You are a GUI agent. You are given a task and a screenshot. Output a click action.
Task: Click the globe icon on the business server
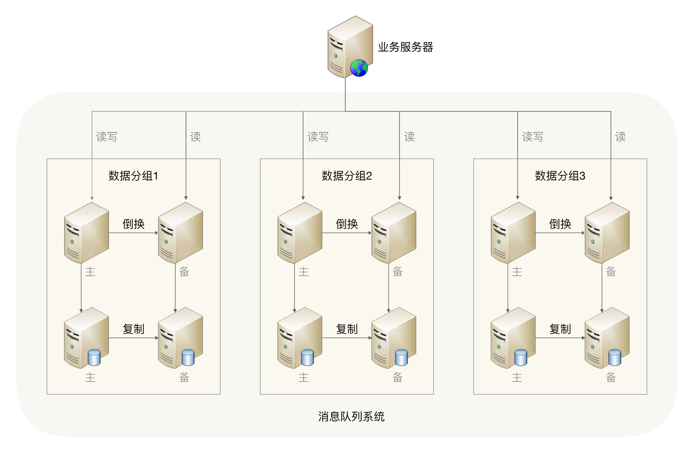point(359,68)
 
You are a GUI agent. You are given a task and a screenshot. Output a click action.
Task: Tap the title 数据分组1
point(133,176)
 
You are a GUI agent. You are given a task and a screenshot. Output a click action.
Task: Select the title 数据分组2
point(347,176)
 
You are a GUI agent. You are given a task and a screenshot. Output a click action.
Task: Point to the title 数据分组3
point(560,176)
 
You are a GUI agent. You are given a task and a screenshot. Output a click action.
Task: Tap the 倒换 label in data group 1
point(134,224)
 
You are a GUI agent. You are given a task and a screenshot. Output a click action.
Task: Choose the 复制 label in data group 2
point(347,329)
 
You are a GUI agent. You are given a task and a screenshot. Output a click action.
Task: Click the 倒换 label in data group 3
point(560,224)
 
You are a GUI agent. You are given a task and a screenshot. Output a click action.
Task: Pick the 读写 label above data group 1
point(107,137)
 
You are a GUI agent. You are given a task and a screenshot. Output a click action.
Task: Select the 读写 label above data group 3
point(532,137)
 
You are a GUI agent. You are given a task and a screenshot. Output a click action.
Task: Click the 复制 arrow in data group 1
point(133,338)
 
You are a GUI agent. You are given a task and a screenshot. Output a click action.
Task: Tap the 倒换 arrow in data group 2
point(347,233)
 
